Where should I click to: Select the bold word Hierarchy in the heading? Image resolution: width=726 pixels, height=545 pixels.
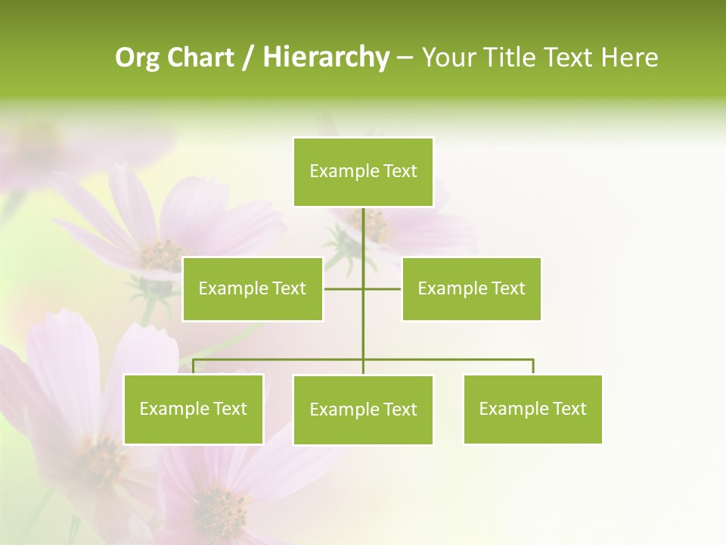click(x=325, y=58)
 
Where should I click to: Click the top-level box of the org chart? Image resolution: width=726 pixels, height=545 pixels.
click(x=363, y=172)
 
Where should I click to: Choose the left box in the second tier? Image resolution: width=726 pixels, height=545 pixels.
click(x=253, y=288)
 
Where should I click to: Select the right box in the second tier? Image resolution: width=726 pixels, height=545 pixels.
click(x=471, y=288)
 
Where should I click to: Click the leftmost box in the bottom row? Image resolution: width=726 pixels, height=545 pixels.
click(x=193, y=409)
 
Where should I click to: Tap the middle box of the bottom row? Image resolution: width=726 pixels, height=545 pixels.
click(x=363, y=410)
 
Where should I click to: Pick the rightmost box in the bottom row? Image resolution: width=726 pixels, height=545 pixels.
click(x=532, y=409)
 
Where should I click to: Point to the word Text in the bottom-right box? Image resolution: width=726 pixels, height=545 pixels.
click(x=569, y=409)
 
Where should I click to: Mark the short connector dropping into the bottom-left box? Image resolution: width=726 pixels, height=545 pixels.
click(x=193, y=366)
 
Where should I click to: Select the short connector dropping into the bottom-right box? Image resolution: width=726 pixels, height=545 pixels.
click(x=533, y=366)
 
